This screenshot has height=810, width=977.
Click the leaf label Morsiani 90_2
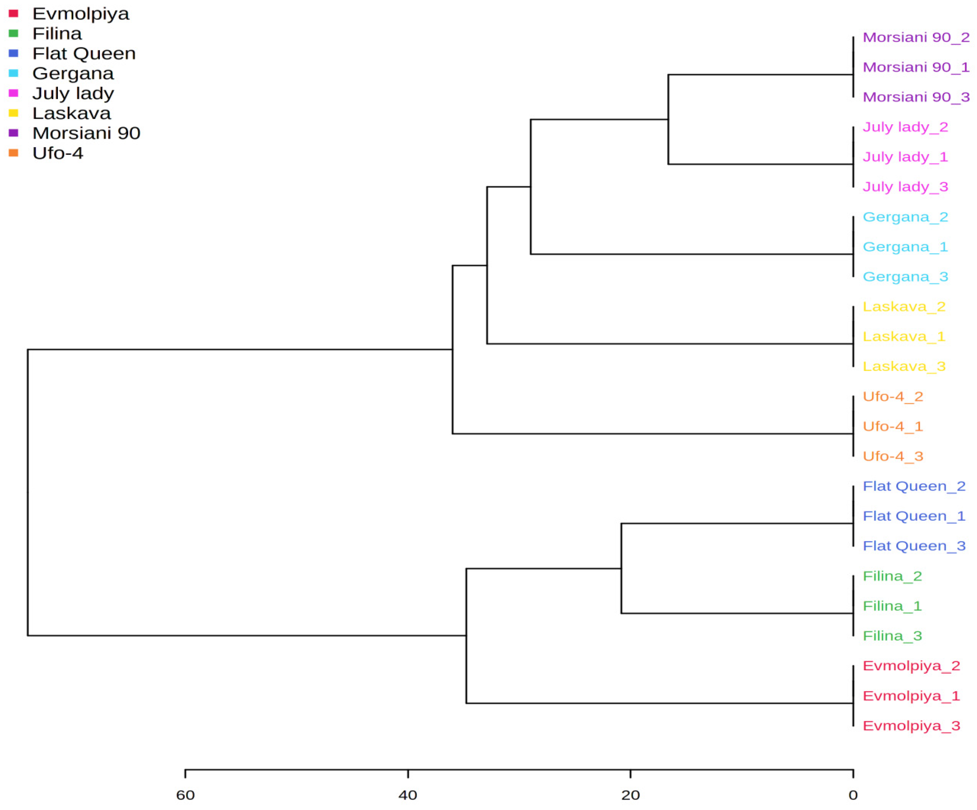(x=916, y=37)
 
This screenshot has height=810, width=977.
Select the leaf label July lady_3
(x=905, y=187)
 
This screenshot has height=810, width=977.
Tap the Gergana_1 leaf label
(x=905, y=247)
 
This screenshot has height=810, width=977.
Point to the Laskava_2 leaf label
(x=903, y=307)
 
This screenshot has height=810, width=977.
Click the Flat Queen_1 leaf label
(x=914, y=516)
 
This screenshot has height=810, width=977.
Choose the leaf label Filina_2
(x=892, y=576)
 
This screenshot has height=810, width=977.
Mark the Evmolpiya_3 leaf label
(x=911, y=726)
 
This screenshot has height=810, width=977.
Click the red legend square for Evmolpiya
(x=13, y=13)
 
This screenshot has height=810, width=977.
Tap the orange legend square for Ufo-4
(x=13, y=153)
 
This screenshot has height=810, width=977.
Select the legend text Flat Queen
(x=84, y=53)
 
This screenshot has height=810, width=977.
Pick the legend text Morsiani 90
(x=86, y=133)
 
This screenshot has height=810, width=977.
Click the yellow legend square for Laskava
(x=13, y=113)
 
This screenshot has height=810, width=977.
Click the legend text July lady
(x=73, y=93)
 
